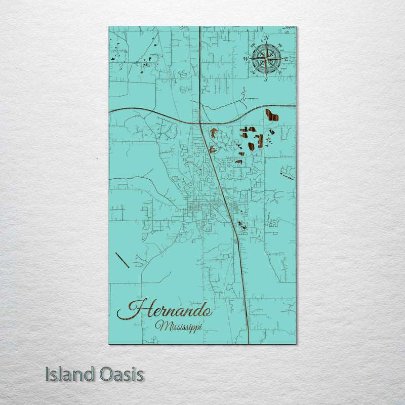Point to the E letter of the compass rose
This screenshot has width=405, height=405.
point(287,59)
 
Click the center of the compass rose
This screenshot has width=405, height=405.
point(266,59)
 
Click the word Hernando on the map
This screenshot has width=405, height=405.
point(165,309)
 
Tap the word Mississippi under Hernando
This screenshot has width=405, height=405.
point(179,326)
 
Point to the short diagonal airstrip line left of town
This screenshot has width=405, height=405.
point(122,260)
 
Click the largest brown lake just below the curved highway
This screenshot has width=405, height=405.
point(272,115)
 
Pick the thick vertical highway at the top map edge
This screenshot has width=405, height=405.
point(200,28)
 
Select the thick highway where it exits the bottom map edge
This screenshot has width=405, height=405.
point(249,343)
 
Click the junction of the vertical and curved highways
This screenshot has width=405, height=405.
point(200,123)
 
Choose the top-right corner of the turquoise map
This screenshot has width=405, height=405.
point(296,27)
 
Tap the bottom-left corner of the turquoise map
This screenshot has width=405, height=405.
point(109,343)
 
